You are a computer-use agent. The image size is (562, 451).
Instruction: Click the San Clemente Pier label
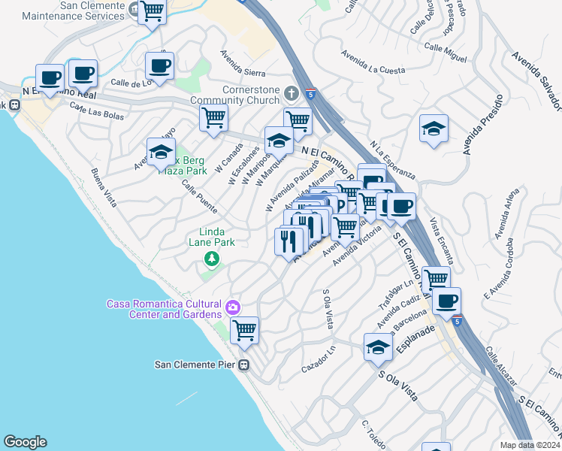coord(196,365)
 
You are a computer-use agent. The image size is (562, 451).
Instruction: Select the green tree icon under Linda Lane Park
coord(212,259)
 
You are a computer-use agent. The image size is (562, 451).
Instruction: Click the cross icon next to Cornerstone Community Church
coord(292,93)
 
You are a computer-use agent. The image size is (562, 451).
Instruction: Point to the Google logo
coord(25,442)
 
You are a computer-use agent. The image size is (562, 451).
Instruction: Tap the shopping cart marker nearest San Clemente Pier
coord(244,330)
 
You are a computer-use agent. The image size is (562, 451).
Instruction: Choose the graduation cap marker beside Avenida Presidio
coord(434,129)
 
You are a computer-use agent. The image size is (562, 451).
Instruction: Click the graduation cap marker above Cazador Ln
coord(378,347)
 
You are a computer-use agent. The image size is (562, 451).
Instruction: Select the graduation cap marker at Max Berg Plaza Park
coord(160,152)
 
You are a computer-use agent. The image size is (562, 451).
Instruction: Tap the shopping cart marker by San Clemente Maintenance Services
coord(152,12)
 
